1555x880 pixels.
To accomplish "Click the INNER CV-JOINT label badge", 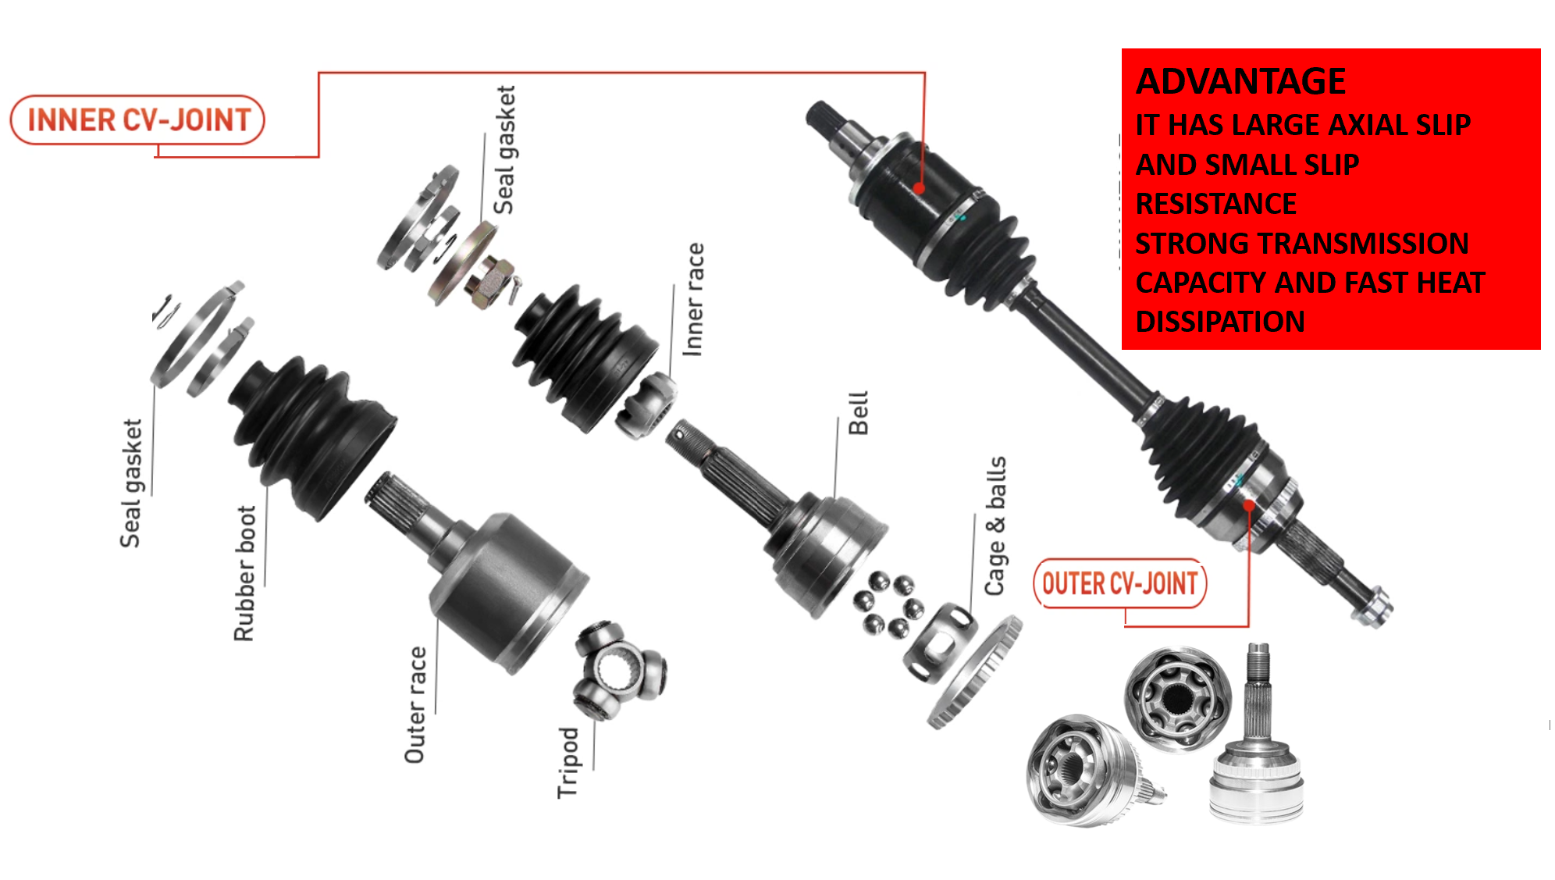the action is [x=137, y=120].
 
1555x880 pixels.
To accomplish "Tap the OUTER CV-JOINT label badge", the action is [x=1119, y=583].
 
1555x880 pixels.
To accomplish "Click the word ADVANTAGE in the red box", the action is [x=1240, y=81].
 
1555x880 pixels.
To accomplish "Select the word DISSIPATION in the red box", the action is [x=1220, y=322].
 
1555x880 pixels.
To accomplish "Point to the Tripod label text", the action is [x=568, y=762].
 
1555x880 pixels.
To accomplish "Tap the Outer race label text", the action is [x=415, y=704].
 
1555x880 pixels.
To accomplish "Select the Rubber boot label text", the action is [x=245, y=573].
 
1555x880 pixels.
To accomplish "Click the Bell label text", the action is [x=858, y=413].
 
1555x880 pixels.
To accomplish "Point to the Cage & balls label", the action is [x=995, y=526].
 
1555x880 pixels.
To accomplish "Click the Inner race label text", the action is [x=693, y=300].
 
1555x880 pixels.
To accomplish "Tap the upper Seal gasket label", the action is [x=504, y=150].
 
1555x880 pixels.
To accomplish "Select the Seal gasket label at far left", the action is [x=131, y=483].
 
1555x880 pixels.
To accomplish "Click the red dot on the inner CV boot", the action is [x=920, y=188].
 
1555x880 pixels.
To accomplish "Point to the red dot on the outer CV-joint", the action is [x=1249, y=505].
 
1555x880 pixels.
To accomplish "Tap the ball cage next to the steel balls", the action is [x=939, y=642].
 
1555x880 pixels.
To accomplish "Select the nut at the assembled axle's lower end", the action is [x=1373, y=607].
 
